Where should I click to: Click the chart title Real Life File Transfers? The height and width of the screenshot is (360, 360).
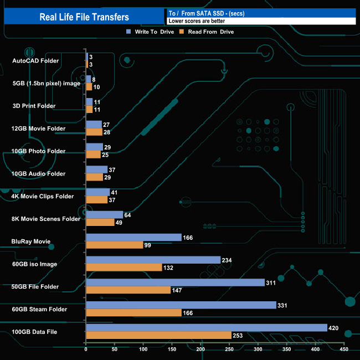coord(84,17)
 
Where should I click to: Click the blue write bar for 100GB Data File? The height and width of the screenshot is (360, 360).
coord(206,328)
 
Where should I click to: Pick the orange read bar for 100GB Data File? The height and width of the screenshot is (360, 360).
coord(158,335)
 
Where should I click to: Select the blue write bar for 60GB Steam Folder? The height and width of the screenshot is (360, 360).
coord(181,305)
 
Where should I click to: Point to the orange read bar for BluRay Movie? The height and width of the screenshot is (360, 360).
coord(114,245)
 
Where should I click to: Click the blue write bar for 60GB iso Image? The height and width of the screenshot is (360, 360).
coord(153,260)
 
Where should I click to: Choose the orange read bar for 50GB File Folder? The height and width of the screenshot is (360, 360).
coord(128,290)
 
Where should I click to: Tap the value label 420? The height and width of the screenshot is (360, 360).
coord(333,328)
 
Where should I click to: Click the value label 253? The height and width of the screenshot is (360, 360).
coord(238,335)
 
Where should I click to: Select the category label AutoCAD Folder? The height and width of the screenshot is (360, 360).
coord(35,61)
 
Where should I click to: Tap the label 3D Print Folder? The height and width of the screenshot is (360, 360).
coord(34,106)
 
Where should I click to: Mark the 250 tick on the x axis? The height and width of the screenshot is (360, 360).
coord(229,349)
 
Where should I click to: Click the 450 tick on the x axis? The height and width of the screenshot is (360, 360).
coord(343,349)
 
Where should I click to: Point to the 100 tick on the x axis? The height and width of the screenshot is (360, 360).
coord(143,349)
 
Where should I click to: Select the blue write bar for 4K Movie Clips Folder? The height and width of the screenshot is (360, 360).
coord(97,192)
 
